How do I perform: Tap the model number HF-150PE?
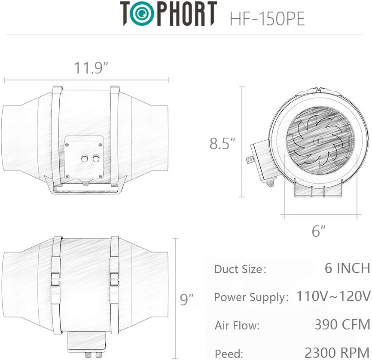(267, 19)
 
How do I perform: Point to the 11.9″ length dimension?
(91, 68)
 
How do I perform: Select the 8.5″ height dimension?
(223, 143)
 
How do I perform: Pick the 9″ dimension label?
(187, 298)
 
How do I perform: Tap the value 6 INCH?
(347, 268)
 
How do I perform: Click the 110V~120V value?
(333, 296)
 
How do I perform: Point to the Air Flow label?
(237, 326)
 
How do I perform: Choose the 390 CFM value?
(342, 324)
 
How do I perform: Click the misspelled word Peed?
(229, 353)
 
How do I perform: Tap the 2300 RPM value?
(337, 352)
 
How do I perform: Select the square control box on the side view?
(84, 157)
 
